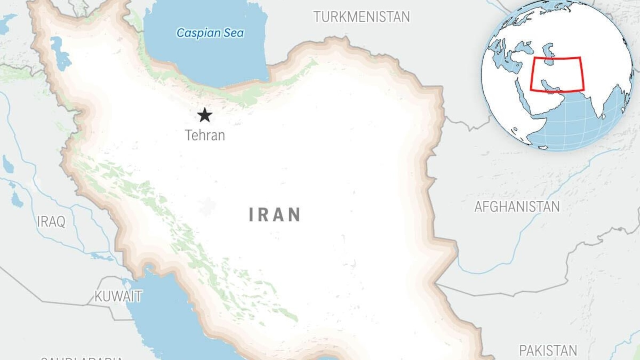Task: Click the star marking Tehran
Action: tap(205, 115)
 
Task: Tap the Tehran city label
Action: tap(205, 135)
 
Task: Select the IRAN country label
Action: tap(275, 215)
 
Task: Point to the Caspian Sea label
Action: tap(210, 33)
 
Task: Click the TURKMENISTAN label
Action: tap(362, 17)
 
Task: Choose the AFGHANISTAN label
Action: tap(517, 207)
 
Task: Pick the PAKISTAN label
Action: tap(548, 350)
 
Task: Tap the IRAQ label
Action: tap(51, 221)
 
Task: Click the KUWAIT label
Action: tap(118, 296)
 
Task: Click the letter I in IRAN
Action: tap(251, 215)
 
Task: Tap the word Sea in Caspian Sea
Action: tap(233, 33)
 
